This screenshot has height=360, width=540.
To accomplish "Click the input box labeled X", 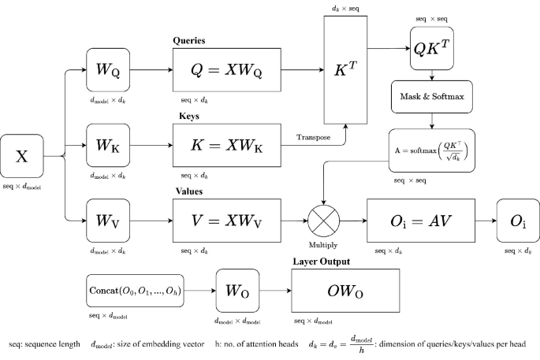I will click(x=23, y=158).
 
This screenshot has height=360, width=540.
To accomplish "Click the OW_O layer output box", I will click(x=346, y=291).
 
